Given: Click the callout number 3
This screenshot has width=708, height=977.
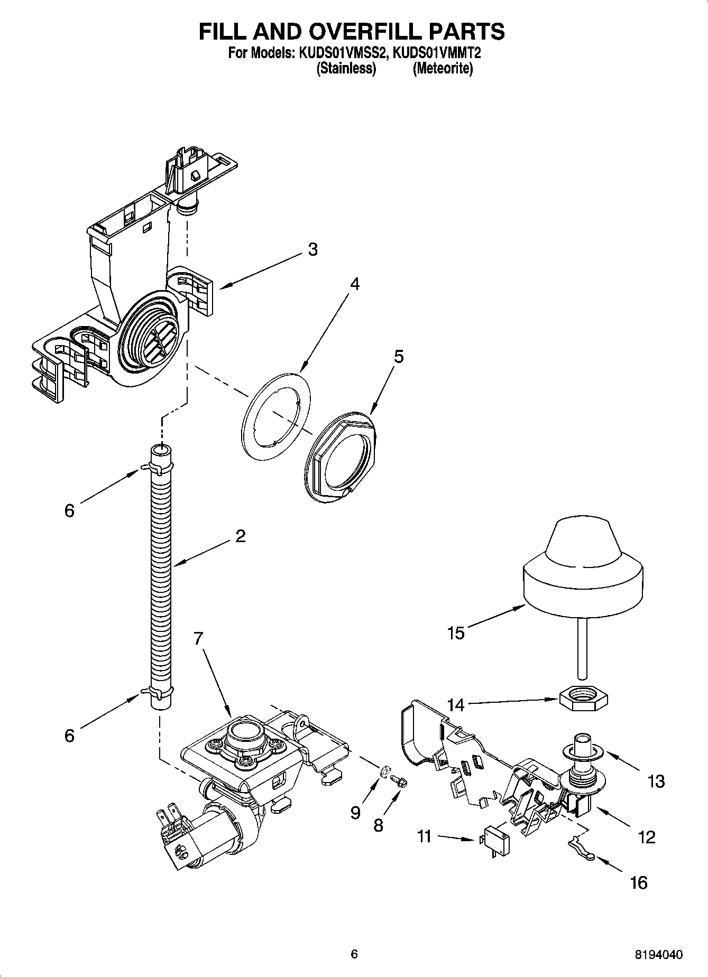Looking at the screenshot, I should click(x=313, y=249).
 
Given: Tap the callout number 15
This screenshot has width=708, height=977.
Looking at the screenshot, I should click(x=456, y=632).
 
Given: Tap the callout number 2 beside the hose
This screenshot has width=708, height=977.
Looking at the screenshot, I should click(x=240, y=536).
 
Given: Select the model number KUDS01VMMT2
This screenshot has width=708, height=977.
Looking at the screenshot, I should click(x=437, y=53).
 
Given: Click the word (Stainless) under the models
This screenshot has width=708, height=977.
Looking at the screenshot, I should click(x=346, y=69).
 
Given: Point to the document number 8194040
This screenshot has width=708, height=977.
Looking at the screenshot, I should click(x=658, y=954).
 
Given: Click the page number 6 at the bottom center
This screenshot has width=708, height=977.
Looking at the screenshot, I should click(x=354, y=954).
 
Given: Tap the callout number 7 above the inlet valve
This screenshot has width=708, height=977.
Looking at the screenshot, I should click(x=198, y=639).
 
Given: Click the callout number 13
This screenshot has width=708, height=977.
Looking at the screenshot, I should click(x=656, y=781).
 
